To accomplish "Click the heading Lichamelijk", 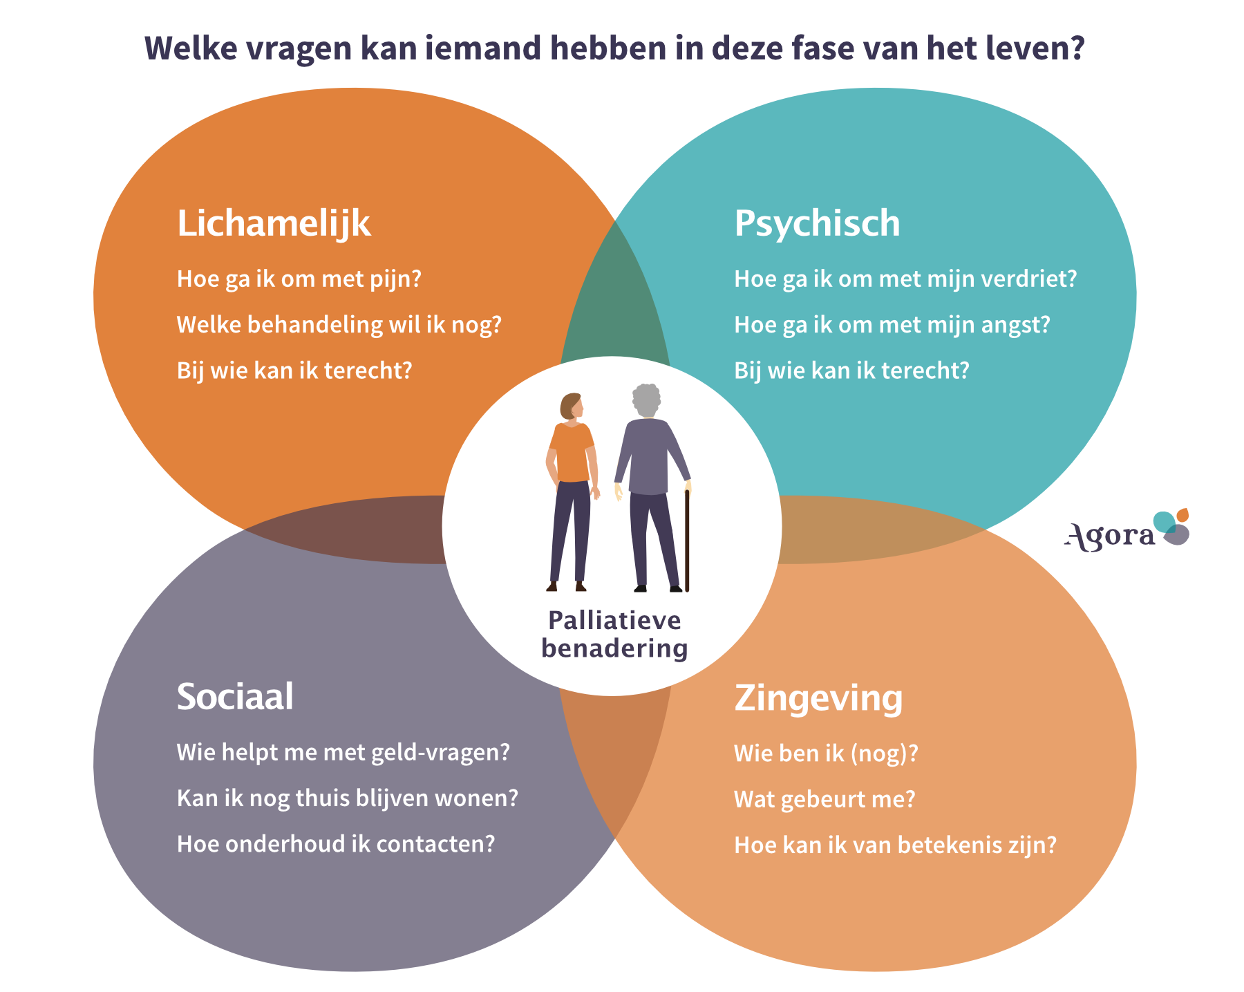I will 274,223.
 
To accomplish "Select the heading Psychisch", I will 817,223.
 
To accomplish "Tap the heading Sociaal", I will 235,696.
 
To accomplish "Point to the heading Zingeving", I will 818,698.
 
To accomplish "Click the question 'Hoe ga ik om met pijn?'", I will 299,279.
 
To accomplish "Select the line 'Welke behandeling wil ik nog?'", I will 339,325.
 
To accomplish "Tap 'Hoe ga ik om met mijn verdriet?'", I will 905,279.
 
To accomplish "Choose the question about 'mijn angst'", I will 892,325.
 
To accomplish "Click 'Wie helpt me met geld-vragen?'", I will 343,752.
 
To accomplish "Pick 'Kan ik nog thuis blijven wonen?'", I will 347,798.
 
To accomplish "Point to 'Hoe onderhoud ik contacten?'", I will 336,844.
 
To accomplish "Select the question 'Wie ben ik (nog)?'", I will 826,754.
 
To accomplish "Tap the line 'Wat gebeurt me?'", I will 824,800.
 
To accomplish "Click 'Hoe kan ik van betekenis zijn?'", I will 895,845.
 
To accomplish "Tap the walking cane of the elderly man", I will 687,539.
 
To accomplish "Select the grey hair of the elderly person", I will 647,399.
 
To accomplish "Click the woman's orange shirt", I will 572,453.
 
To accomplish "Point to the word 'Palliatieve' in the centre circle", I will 614,621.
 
